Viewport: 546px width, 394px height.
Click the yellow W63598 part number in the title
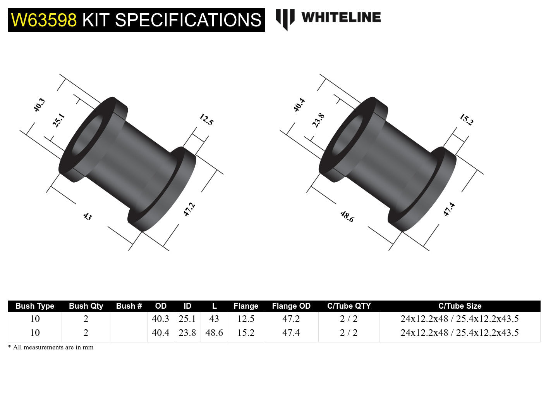click(x=44, y=20)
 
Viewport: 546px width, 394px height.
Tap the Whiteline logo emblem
click(x=285, y=19)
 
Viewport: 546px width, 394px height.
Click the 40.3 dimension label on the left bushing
click(x=39, y=105)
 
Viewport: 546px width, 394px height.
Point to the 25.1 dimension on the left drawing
click(x=58, y=120)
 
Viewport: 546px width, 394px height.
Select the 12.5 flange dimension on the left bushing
click(x=206, y=119)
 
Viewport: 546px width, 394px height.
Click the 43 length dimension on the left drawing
click(x=88, y=216)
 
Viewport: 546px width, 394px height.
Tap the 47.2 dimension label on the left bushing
click(x=189, y=209)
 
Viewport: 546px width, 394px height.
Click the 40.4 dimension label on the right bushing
click(x=299, y=105)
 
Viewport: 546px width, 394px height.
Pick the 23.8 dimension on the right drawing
click(x=318, y=120)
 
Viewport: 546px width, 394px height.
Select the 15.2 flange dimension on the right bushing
click(x=466, y=119)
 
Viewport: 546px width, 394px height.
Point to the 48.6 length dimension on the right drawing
click(x=347, y=216)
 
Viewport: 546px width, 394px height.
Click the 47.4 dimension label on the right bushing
click(x=449, y=209)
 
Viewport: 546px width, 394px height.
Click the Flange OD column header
click(x=291, y=306)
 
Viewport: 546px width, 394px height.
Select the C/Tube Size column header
click(x=460, y=306)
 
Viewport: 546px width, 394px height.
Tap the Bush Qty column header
click(x=86, y=306)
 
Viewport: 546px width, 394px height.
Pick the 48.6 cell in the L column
click(x=214, y=333)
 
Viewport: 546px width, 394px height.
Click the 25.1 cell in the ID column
click(x=187, y=319)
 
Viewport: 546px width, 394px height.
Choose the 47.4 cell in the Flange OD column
click(x=291, y=333)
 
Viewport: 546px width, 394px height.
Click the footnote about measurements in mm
click(x=51, y=347)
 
